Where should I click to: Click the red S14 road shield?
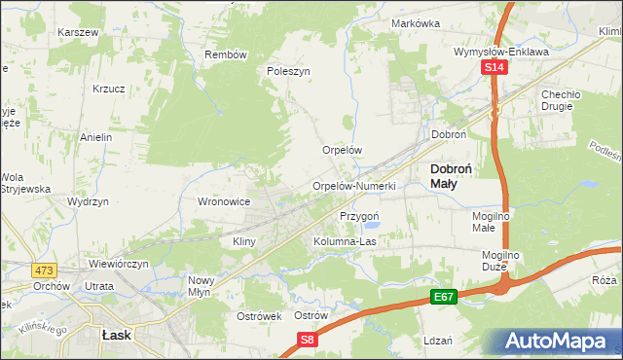click(x=495, y=67)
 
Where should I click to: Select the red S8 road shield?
click(x=308, y=340)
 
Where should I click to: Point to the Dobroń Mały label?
click(x=452, y=175)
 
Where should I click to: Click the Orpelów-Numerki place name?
click(x=353, y=186)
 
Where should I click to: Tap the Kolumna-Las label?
click(x=345, y=240)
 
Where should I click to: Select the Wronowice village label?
click(x=225, y=201)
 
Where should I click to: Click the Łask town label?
click(x=117, y=334)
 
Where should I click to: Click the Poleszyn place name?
click(x=288, y=71)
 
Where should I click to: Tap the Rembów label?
click(x=226, y=54)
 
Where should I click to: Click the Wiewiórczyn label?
click(x=118, y=264)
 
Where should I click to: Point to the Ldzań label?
click(x=439, y=341)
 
